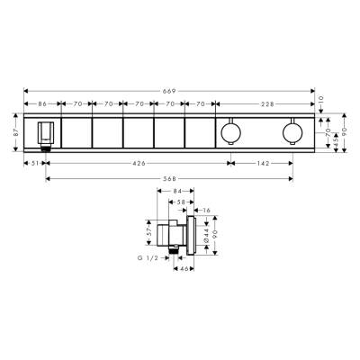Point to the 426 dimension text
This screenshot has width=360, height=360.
click(137, 163)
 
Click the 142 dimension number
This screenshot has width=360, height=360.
click(260, 163)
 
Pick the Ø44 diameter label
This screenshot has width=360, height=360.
click(206, 236)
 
